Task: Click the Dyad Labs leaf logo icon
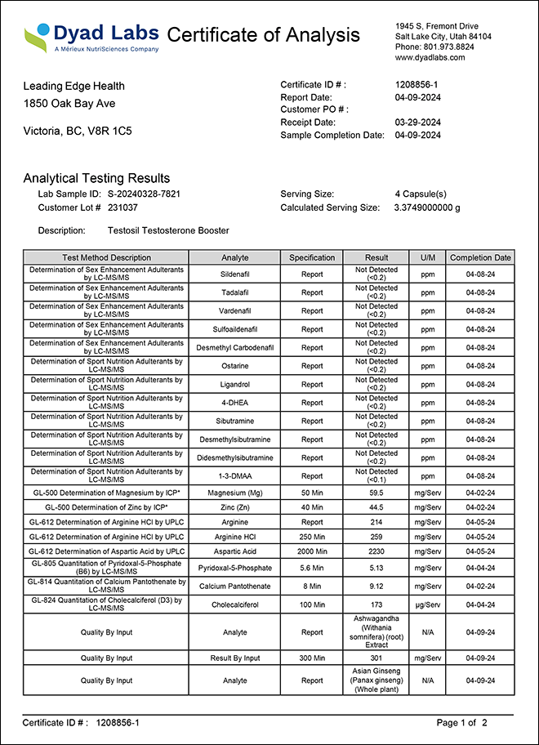(x=37, y=37)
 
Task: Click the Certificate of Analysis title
(x=263, y=35)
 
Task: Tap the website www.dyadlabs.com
(x=430, y=58)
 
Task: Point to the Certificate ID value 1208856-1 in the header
(x=416, y=85)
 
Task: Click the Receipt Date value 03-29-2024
(x=417, y=123)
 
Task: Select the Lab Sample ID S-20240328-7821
(x=144, y=194)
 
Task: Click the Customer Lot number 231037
(x=123, y=207)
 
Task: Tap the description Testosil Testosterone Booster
(x=168, y=231)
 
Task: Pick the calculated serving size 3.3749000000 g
(x=426, y=207)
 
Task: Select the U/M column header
(x=427, y=258)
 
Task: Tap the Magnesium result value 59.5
(x=376, y=494)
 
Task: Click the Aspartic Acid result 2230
(x=376, y=552)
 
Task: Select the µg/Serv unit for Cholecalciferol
(x=427, y=604)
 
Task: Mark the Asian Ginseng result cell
(x=376, y=680)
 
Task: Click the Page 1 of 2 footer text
(x=461, y=723)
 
